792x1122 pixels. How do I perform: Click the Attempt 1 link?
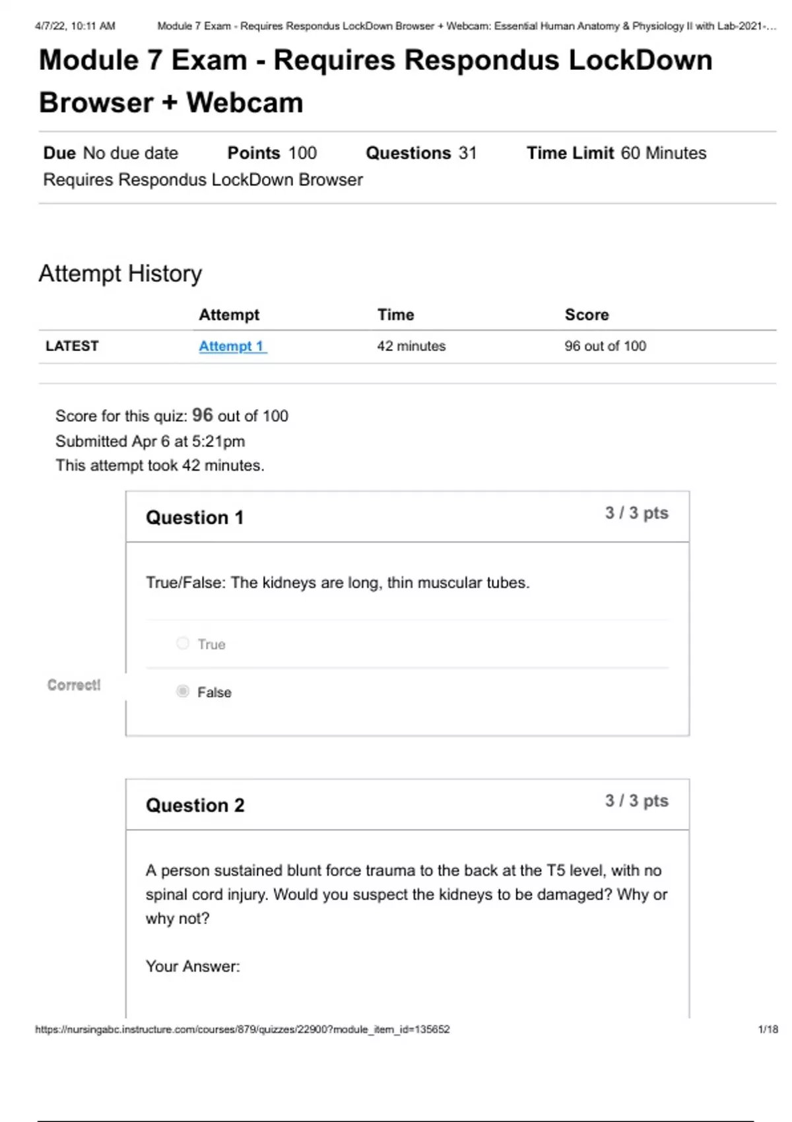click(x=232, y=346)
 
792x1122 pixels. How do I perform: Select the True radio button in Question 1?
click(x=183, y=643)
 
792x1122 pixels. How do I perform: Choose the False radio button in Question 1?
click(x=183, y=692)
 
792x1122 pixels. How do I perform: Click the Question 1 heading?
click(x=195, y=517)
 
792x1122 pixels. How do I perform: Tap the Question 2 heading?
click(x=195, y=805)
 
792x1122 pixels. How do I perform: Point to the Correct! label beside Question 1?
click(x=74, y=685)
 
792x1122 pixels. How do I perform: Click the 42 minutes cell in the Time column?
click(x=411, y=346)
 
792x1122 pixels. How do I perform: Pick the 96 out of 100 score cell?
click(x=605, y=346)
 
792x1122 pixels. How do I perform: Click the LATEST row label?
click(x=72, y=346)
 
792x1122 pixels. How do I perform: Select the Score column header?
click(x=587, y=315)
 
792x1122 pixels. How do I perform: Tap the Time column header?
click(x=395, y=315)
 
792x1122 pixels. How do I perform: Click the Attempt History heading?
click(x=120, y=273)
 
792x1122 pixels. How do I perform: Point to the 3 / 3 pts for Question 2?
click(x=636, y=801)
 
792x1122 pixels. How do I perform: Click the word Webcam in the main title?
click(x=245, y=102)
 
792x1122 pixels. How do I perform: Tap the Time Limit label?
click(x=570, y=153)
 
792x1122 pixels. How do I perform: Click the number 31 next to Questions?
click(x=468, y=153)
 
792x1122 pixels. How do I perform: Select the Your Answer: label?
click(x=193, y=966)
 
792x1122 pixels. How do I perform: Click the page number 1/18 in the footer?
click(x=768, y=1029)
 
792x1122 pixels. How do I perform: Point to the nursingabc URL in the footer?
click(x=242, y=1029)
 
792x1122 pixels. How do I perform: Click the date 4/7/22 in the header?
click(x=51, y=26)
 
